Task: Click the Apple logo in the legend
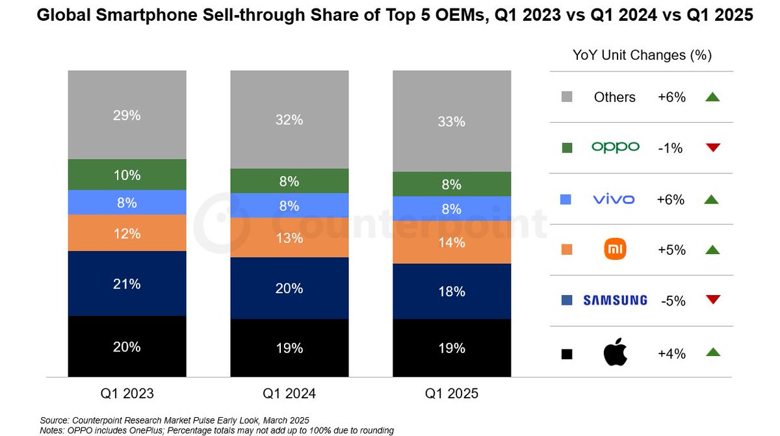(615, 353)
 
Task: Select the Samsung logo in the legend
(615, 300)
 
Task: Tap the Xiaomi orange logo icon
(615, 250)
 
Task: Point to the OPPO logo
(615, 147)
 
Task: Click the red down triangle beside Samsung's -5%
(713, 300)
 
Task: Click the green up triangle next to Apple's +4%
(713, 352)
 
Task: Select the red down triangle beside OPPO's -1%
(713, 147)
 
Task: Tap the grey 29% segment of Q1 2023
(127, 115)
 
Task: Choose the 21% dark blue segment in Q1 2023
(127, 283)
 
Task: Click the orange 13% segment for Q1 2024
(289, 238)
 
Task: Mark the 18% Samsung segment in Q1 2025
(452, 291)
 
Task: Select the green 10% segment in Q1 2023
(127, 175)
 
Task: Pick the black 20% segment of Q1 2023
(127, 346)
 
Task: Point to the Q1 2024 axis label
(289, 394)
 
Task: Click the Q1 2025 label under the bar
(452, 394)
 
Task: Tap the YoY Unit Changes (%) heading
(642, 55)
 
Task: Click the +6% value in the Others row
(671, 97)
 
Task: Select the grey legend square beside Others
(567, 97)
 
